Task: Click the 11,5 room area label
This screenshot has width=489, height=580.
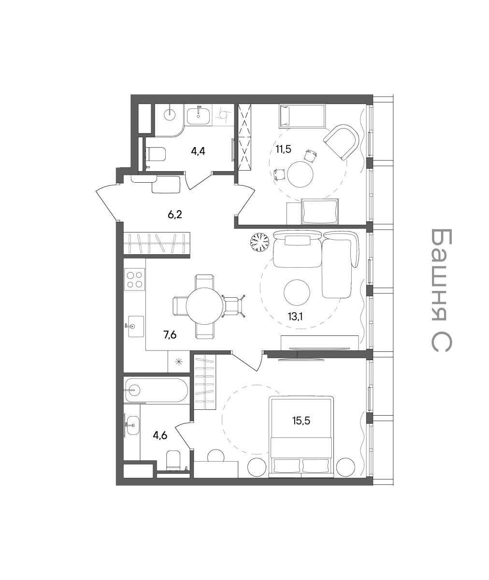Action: pos(283,149)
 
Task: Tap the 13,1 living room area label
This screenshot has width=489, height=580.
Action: pos(295,316)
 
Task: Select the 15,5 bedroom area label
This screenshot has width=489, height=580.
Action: pos(301,421)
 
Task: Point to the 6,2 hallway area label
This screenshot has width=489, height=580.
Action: pos(175,215)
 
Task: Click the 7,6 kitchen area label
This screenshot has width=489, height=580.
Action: pos(170,335)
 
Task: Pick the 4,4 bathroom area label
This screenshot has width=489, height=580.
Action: pos(198,151)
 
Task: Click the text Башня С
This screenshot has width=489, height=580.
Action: pos(441,290)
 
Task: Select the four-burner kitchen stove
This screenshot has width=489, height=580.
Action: pos(134,279)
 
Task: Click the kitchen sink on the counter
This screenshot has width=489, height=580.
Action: pos(136,326)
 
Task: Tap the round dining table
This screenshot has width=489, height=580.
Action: pos(205,306)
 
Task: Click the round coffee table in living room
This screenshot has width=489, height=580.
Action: pos(297,292)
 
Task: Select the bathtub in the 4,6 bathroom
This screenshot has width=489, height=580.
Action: pos(157,390)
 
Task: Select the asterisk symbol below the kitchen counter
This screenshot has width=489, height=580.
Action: pos(179,362)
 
